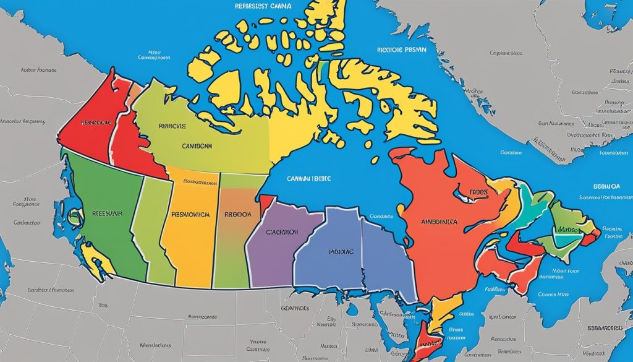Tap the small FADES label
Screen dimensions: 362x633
(477, 192)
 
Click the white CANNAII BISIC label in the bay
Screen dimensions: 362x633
(308, 178)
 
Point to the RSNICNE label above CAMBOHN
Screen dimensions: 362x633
(172, 125)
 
